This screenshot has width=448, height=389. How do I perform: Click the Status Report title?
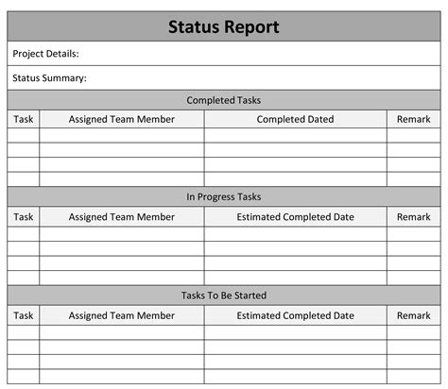224,26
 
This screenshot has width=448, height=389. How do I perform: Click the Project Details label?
46,54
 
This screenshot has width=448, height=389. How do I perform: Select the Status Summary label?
50,78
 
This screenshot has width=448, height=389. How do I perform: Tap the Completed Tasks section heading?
224,100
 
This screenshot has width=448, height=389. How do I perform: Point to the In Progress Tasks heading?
224,197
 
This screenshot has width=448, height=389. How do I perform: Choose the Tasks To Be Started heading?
224,296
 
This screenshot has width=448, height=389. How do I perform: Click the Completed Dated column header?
295,120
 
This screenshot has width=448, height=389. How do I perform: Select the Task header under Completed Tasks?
24,120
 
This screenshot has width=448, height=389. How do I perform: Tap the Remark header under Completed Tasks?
413,120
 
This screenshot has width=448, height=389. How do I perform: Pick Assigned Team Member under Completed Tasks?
121,120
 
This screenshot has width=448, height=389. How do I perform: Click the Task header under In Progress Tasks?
24,217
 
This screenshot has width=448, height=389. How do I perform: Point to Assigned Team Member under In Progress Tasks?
121,217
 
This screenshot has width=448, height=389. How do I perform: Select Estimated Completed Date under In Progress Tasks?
295,217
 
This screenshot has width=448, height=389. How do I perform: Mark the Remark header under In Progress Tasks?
413,217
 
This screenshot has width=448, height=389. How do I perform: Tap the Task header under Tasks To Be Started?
24,315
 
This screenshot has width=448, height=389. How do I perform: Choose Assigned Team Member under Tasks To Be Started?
121,315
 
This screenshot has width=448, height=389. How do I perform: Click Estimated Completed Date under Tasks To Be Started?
295,315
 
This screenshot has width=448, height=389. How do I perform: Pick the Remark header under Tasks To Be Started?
413,315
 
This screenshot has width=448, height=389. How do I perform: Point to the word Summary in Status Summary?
66,78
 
